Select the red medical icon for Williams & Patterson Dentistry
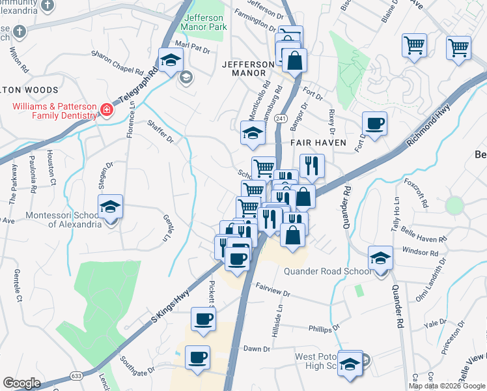point(105,111)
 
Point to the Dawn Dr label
point(257,349)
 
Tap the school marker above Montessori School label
point(111,207)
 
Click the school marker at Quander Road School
point(380,258)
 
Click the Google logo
point(22,383)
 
